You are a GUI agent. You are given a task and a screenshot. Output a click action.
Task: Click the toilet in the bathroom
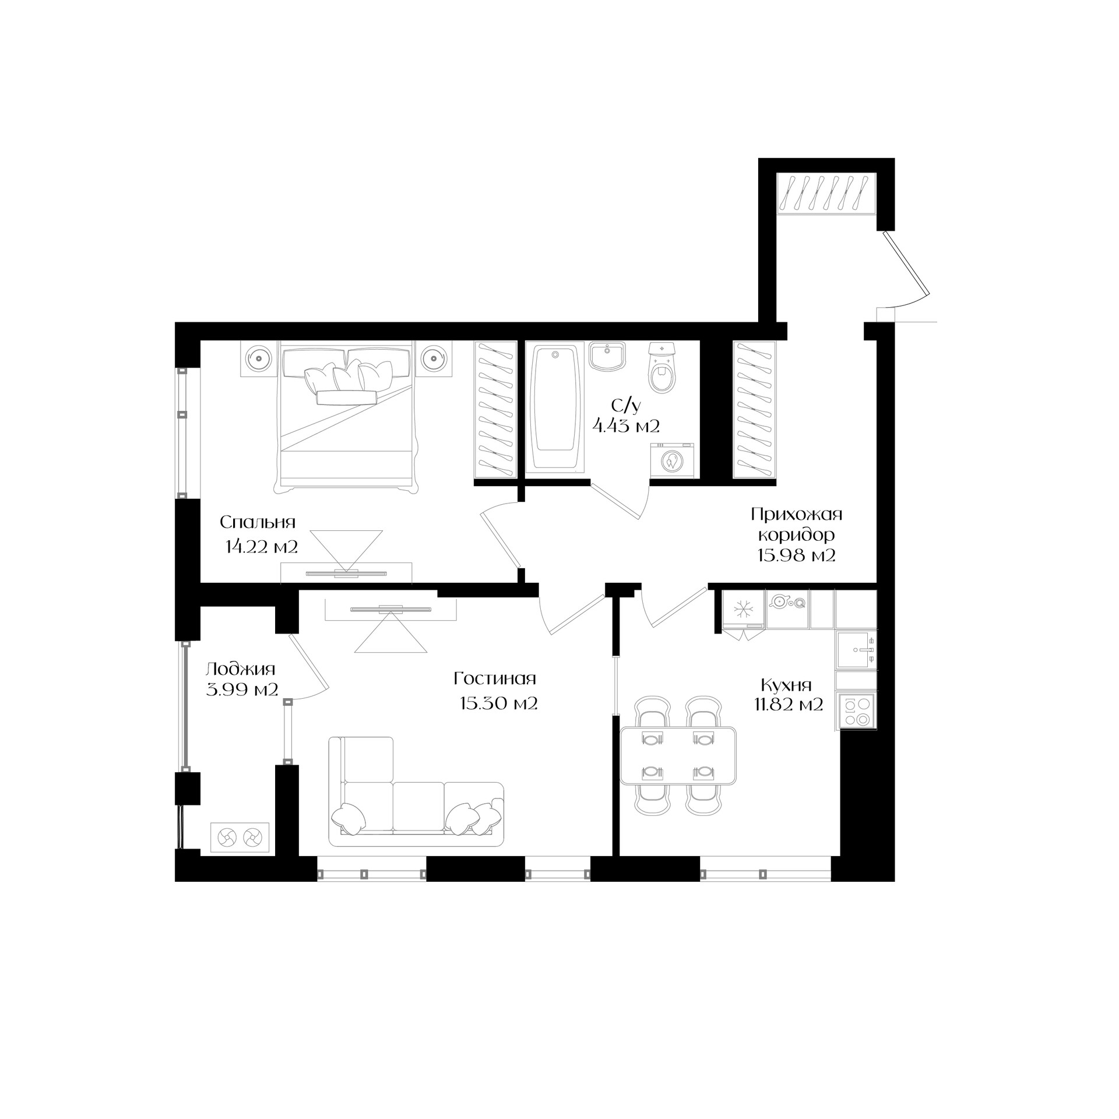(662, 367)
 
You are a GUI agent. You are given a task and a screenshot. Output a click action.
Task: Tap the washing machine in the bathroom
(673, 460)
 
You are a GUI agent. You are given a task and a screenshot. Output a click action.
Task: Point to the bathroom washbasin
(607, 356)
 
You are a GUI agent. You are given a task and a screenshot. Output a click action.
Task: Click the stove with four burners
(856, 710)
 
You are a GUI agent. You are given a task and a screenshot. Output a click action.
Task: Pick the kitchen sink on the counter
(856, 650)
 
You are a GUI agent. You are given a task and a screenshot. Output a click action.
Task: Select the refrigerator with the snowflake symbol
(743, 610)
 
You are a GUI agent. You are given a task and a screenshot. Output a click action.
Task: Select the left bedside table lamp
(259, 357)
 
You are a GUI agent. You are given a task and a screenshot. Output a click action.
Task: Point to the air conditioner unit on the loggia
(240, 838)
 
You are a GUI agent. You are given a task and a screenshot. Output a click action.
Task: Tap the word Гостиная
(495, 678)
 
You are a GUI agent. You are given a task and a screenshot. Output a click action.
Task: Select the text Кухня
(786, 684)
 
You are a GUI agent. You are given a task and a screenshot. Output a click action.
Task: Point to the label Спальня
(258, 522)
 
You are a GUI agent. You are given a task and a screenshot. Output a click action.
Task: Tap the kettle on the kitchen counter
(779, 601)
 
